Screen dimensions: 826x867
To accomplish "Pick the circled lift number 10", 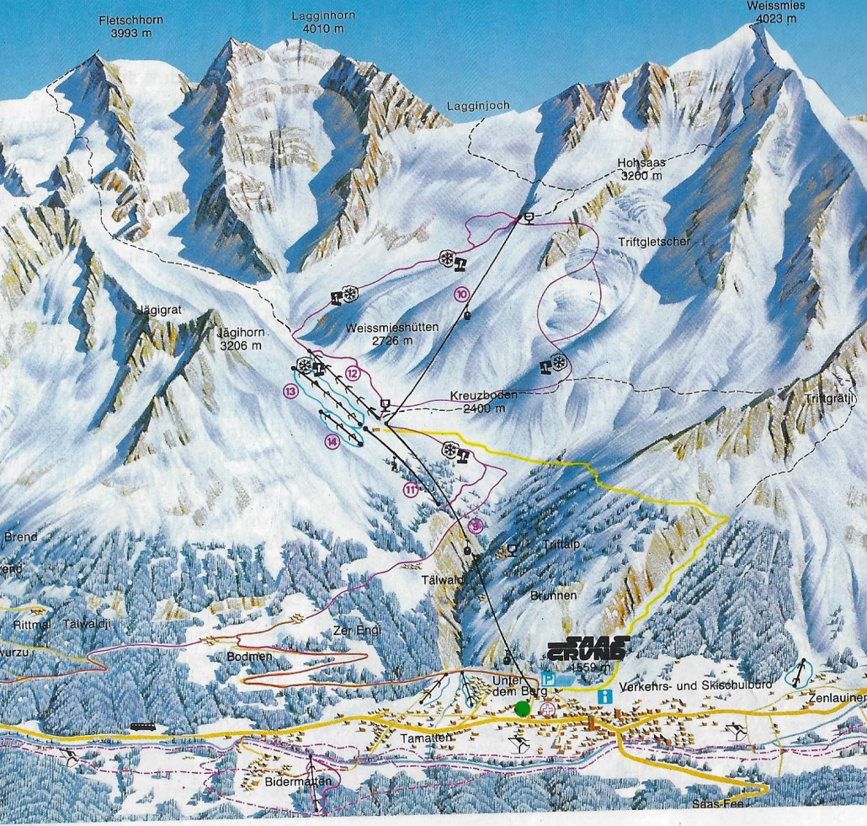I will pos(461,294).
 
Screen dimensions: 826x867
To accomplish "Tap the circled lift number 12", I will pos(353,372).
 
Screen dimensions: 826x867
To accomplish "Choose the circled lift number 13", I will pos(291,391).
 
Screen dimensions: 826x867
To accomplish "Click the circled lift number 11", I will pos(411,489).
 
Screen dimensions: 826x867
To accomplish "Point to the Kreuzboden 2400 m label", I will pos(471,402).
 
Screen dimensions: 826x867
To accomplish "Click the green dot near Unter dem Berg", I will pos(523,708).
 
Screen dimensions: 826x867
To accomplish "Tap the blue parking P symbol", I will pos(550,679).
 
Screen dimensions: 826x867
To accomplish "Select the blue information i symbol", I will pos(603,696).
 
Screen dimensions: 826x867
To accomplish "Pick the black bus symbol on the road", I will pos(142,727).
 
